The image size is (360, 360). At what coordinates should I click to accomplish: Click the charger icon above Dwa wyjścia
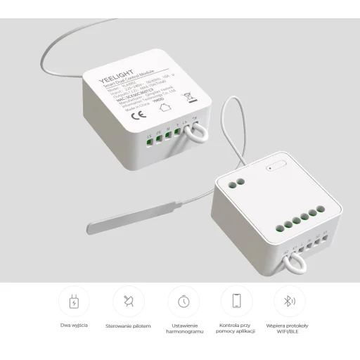73,302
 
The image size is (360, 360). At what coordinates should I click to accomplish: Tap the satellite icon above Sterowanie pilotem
127,302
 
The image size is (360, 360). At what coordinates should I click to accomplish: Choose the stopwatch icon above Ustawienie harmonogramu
183,302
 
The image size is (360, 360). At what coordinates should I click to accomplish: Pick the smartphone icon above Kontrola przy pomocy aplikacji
236,302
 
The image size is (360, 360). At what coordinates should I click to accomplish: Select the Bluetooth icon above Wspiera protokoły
289,302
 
